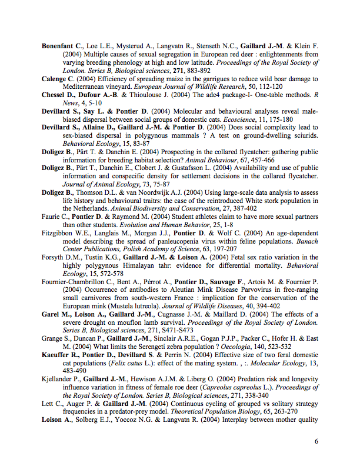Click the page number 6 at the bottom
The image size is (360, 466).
pyautogui.click(x=316, y=441)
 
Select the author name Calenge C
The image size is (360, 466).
pyautogui.click(x=58, y=79)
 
